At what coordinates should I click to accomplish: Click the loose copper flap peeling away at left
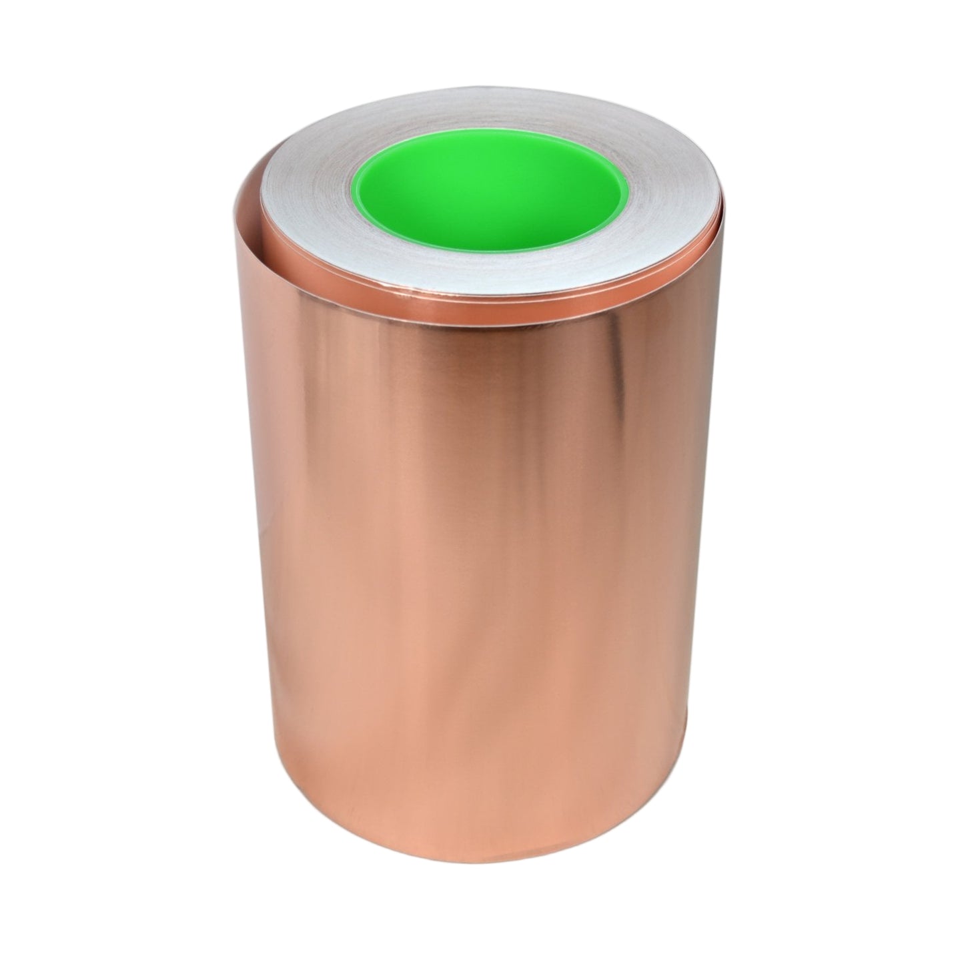tap(257, 280)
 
